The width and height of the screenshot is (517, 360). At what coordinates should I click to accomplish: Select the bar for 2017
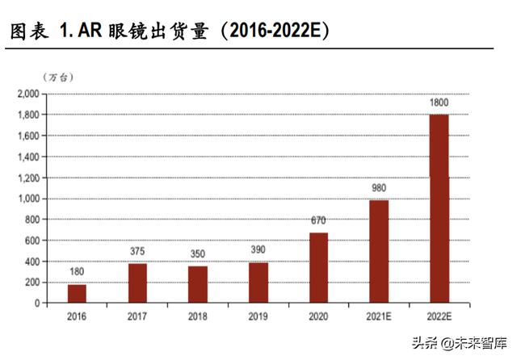click(137, 283)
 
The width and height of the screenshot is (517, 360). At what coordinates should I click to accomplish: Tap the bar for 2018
click(198, 285)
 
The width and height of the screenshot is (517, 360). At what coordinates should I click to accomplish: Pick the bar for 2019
click(258, 283)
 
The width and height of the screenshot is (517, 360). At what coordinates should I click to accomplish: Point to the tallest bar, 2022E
click(439, 209)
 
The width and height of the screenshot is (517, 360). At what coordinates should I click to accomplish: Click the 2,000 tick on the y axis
click(27, 94)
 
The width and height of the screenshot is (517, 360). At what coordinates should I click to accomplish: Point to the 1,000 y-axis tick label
click(27, 199)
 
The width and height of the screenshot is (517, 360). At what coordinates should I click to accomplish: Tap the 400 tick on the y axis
click(31, 262)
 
